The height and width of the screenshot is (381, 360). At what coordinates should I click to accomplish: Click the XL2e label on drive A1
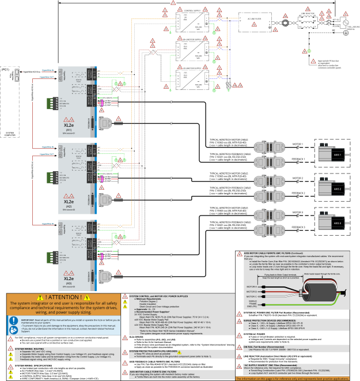(69, 125)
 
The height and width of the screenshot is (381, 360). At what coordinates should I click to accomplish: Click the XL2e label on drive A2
(69, 201)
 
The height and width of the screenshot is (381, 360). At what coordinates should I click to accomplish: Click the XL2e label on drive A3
(69, 278)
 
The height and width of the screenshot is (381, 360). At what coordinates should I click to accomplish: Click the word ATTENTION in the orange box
(63, 297)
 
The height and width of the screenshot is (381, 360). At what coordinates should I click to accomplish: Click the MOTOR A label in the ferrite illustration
(252, 286)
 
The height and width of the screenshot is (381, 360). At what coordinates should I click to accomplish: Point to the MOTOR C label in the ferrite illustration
(252, 297)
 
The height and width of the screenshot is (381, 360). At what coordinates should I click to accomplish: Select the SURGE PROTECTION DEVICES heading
(266, 320)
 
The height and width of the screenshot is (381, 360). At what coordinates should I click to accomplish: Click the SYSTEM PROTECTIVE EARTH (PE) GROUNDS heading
(153, 351)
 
